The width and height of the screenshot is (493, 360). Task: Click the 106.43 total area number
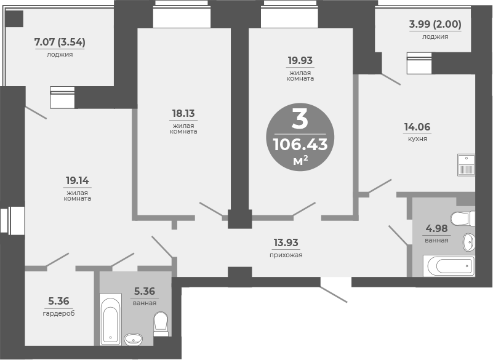(300, 145)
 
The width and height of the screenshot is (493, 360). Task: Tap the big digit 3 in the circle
(300, 119)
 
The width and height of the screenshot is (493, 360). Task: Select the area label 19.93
(300, 60)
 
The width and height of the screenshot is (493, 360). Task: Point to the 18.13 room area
(183, 113)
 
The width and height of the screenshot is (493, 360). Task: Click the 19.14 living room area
(78, 180)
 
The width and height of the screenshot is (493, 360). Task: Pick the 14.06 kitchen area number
(417, 127)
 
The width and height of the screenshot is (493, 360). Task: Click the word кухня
(417, 138)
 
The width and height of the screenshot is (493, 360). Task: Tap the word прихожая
(286, 255)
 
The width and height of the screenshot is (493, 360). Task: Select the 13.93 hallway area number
(286, 242)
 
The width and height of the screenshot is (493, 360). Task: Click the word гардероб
(59, 313)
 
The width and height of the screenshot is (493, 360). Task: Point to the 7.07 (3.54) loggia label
(60, 42)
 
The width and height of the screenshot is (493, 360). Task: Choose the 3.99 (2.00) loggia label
(435, 24)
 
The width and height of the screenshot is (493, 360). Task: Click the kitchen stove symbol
(467, 165)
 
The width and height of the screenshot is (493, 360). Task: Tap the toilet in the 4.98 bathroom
(463, 218)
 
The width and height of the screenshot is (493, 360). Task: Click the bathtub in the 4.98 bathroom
(449, 266)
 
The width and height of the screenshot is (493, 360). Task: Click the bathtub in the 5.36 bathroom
(111, 319)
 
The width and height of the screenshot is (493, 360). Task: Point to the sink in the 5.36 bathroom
(134, 339)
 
